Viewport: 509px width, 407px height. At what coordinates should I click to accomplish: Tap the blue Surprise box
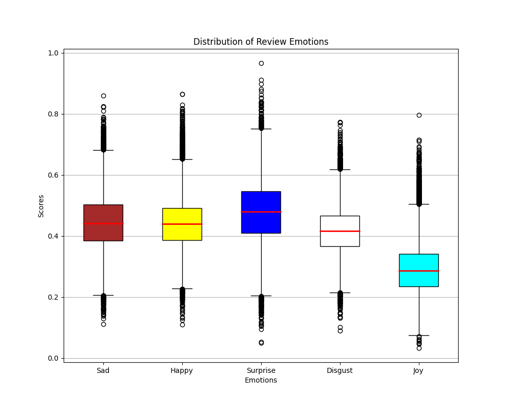tap(261, 224)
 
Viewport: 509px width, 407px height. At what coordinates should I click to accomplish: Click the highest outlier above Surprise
tap(261, 64)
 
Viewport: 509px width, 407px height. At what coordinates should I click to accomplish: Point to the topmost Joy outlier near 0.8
tap(419, 115)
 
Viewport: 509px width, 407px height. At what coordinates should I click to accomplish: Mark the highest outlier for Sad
tap(103, 96)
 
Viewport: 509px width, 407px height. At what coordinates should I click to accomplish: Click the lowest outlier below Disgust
tap(340, 331)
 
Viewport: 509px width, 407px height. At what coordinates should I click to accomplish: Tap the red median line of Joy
tap(419, 271)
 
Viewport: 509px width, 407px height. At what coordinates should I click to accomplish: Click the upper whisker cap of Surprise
tap(261, 129)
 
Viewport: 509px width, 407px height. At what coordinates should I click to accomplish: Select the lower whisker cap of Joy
tap(419, 335)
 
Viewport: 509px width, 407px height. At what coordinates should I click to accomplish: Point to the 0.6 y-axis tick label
tap(53, 175)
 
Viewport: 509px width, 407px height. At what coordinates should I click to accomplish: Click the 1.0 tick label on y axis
tap(53, 53)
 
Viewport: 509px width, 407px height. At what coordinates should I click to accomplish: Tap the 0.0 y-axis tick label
tap(53, 358)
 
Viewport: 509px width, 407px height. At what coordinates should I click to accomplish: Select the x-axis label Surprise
tap(261, 371)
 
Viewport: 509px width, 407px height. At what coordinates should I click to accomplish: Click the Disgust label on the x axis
tap(340, 371)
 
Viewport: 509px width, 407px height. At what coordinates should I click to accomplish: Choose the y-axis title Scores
tap(41, 206)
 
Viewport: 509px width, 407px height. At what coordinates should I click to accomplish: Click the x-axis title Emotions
tap(261, 381)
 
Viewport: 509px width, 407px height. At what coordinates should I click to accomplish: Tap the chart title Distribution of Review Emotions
tap(261, 42)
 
